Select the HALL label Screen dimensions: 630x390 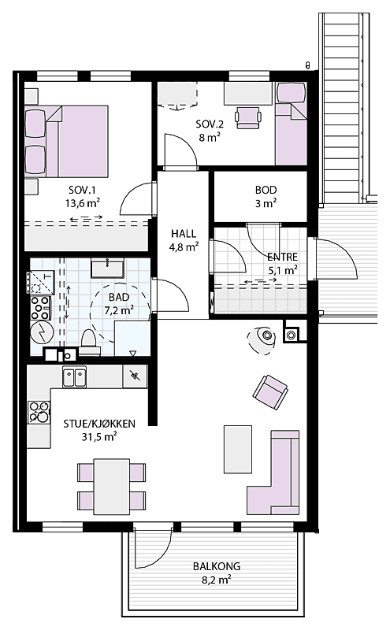pyautogui.click(x=184, y=233)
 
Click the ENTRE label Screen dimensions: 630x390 pyautogui.click(x=281, y=258)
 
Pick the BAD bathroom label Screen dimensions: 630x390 pyautogui.click(x=119, y=297)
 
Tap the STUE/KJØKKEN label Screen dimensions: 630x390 pyautogui.click(x=99, y=424)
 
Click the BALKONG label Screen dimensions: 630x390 pyautogui.click(x=216, y=566)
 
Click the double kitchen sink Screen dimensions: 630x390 pyautogui.click(x=75, y=376)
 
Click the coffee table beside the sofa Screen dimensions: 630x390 pyautogui.click(x=239, y=449)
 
